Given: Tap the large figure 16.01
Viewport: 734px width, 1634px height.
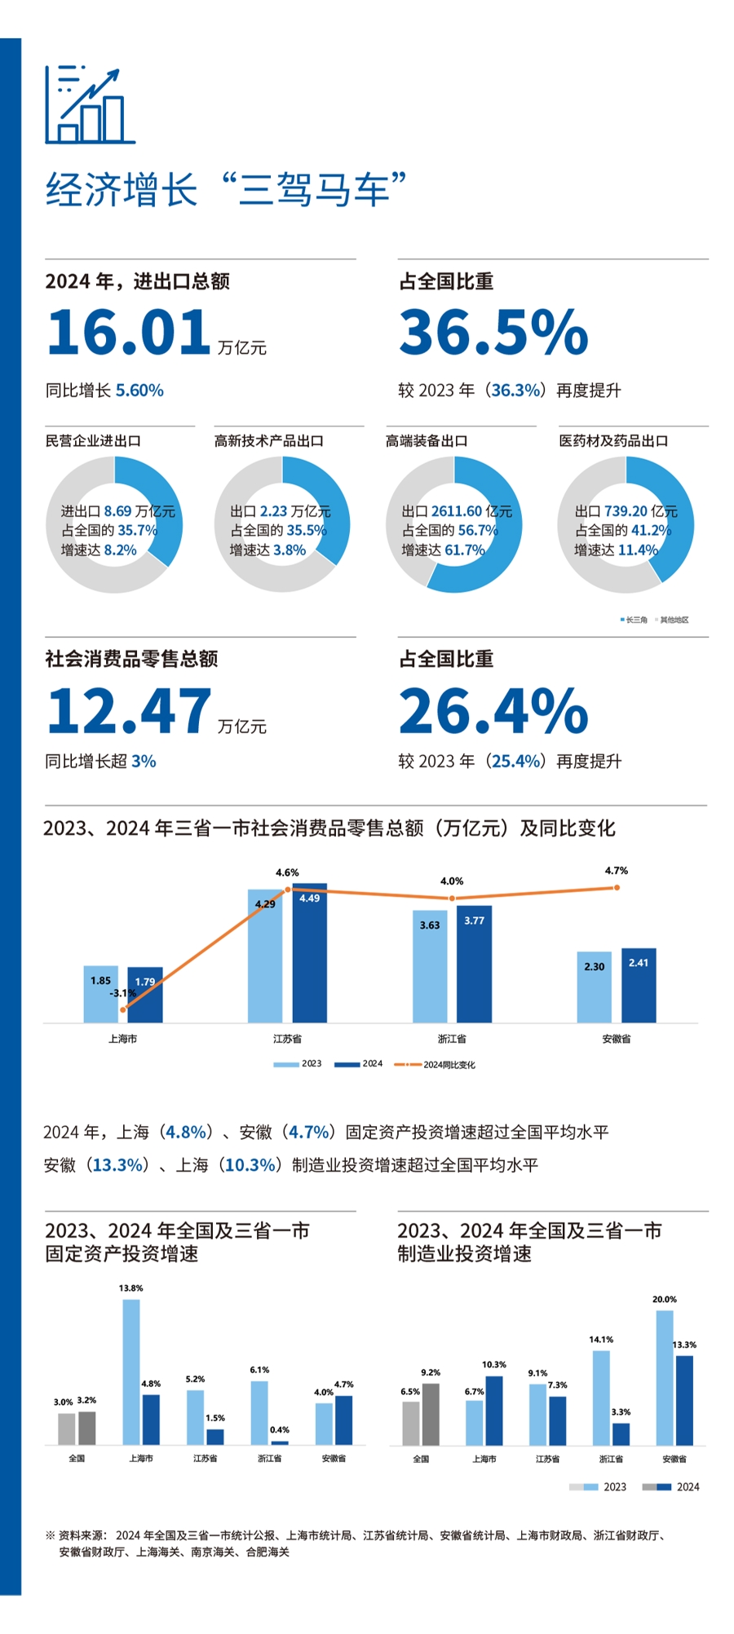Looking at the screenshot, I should tap(129, 333).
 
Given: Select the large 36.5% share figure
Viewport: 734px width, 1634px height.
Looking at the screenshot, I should tap(493, 333).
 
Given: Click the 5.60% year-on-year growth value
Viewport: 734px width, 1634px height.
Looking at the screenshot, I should tap(139, 391).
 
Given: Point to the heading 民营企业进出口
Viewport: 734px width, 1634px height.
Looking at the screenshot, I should tap(93, 441).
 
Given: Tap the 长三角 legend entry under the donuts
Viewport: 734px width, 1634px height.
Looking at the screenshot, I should tap(635, 620).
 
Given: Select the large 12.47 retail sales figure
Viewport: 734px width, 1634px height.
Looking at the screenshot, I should tap(129, 711).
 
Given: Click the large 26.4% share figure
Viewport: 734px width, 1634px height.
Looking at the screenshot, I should tap(493, 711).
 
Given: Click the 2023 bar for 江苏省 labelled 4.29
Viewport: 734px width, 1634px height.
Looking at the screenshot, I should tap(265, 958).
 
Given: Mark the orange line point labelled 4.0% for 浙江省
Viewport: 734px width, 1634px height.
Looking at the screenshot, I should tap(452, 899).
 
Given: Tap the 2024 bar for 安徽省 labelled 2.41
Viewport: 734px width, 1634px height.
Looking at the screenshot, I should tap(639, 987).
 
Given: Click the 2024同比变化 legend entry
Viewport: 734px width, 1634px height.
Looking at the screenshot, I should tap(436, 1064).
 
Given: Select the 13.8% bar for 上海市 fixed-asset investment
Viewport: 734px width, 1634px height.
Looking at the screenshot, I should tap(131, 1372).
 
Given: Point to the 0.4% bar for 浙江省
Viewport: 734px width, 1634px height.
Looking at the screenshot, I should tap(280, 1442).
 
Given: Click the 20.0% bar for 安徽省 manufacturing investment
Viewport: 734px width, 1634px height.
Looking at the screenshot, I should tap(665, 1378).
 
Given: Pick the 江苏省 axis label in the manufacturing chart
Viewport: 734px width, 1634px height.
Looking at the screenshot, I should tap(547, 1459).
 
